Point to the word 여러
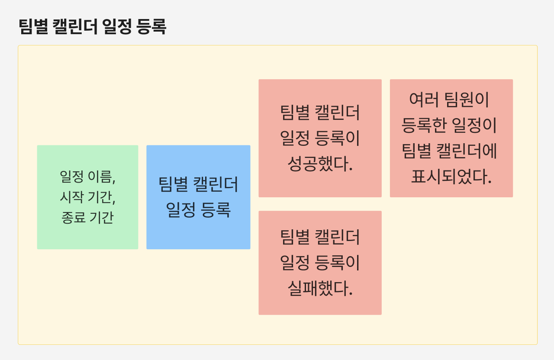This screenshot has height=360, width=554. [x=424, y=100]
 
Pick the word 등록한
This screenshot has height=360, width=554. [x=423, y=125]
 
